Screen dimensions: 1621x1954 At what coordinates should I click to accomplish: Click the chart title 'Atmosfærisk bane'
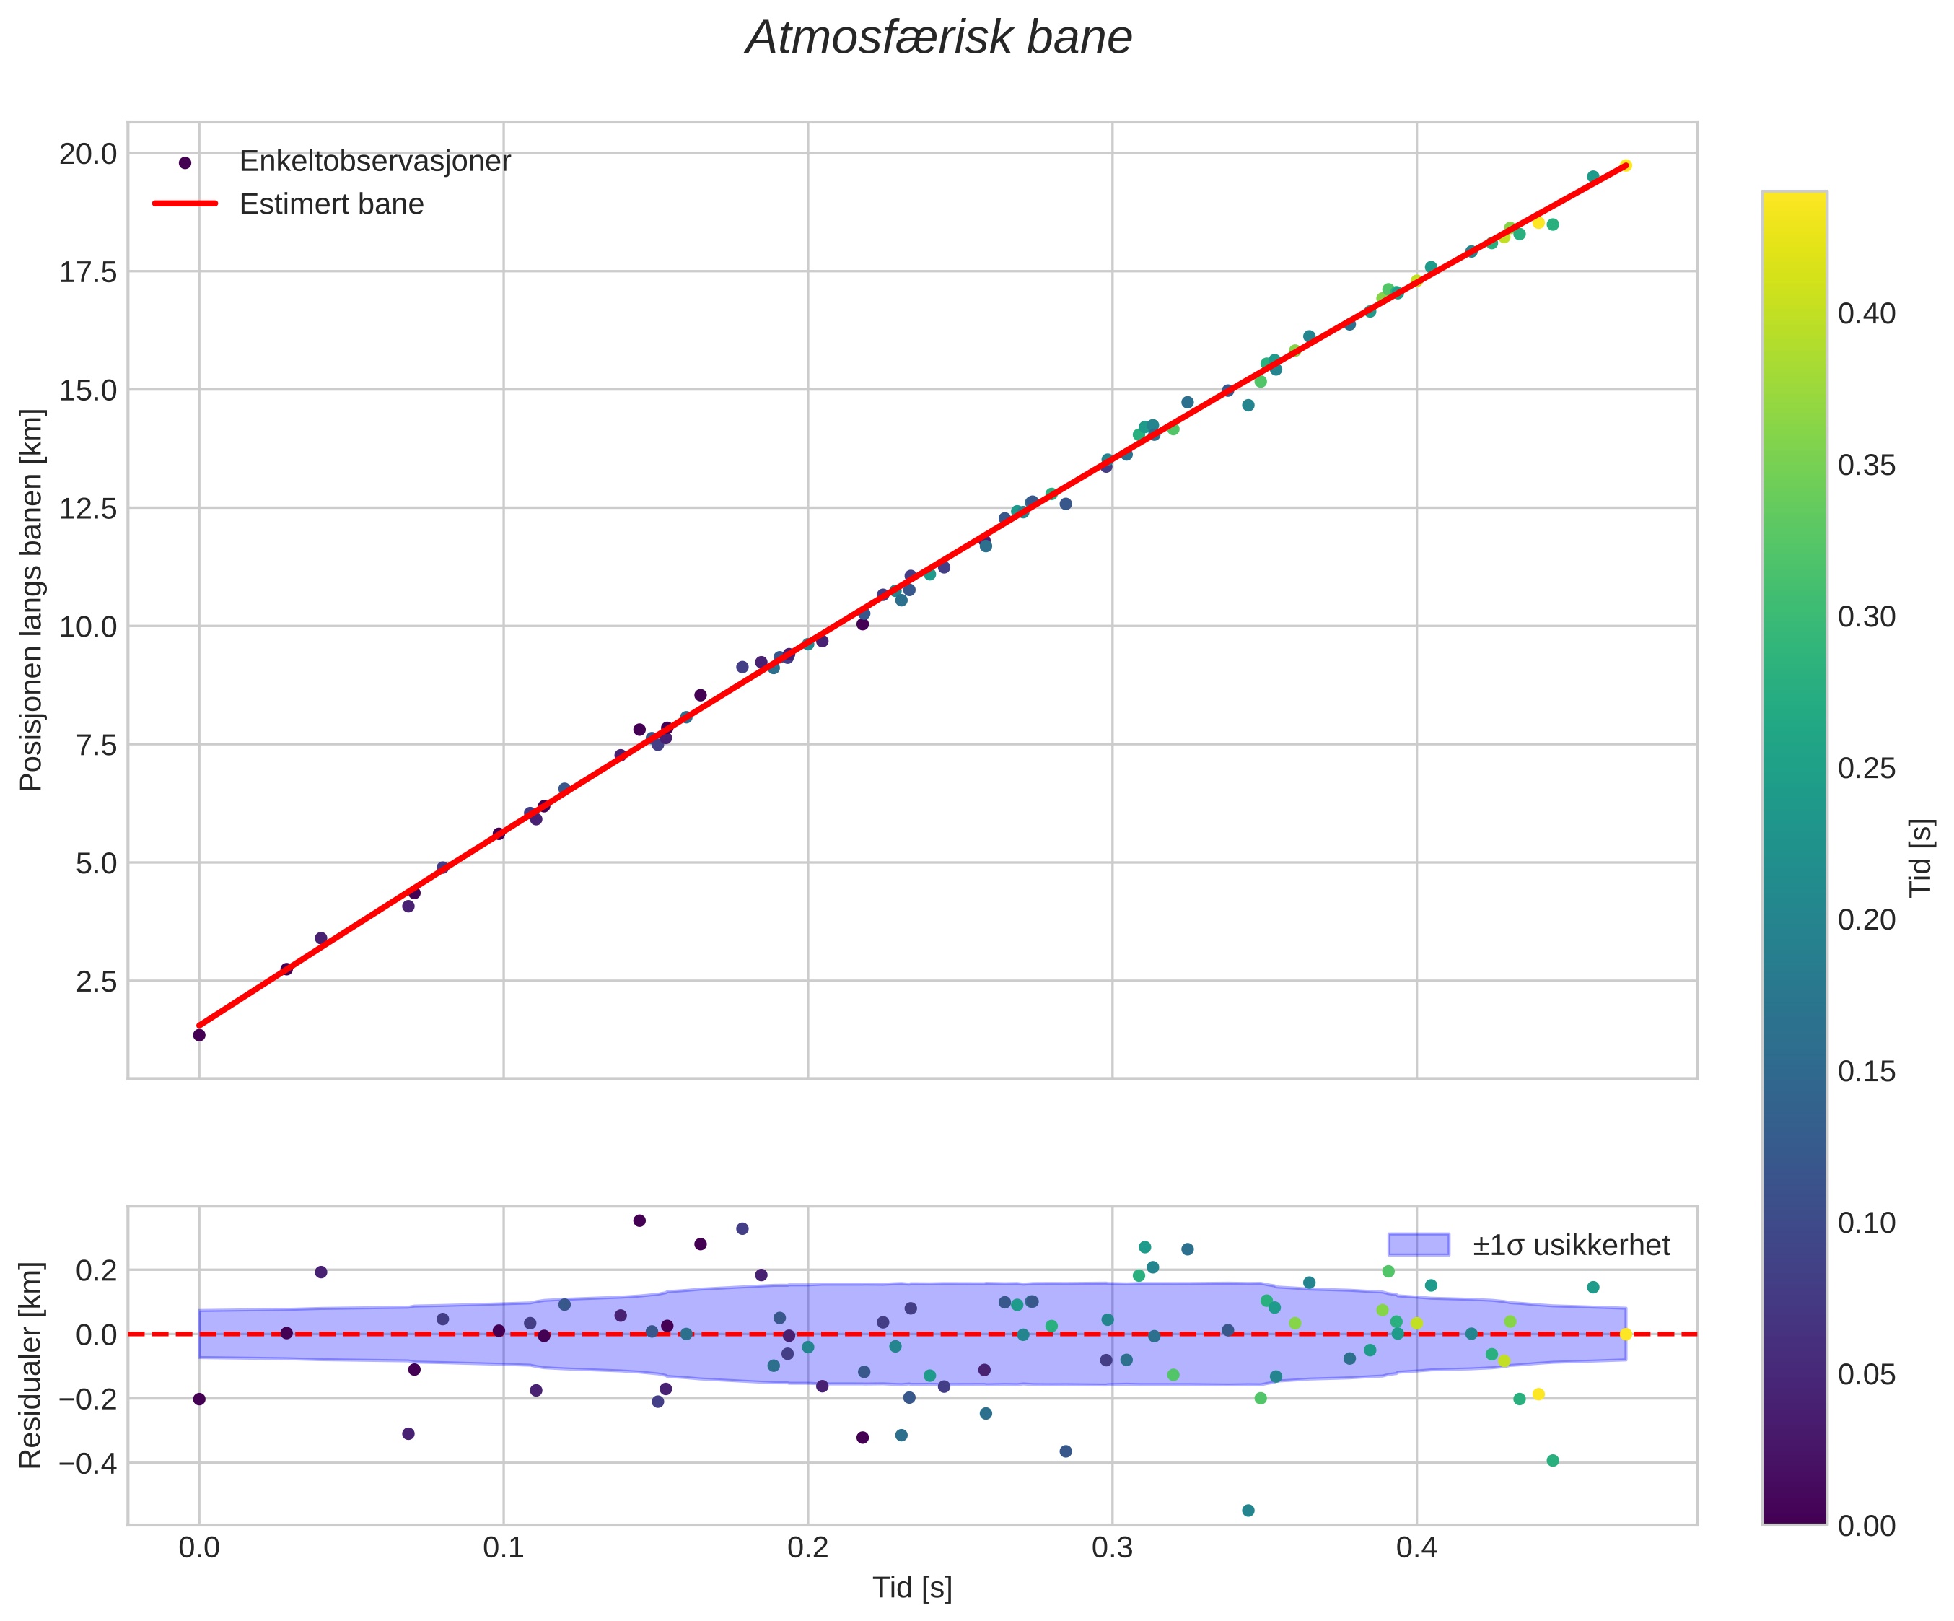click(939, 39)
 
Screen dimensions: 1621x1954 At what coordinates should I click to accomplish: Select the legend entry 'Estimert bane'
click(331, 204)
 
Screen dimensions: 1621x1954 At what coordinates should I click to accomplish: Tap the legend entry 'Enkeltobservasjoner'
click(374, 161)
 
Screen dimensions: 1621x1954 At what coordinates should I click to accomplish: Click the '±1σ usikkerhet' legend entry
click(1571, 1245)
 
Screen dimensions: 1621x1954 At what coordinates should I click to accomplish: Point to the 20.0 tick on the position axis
click(89, 154)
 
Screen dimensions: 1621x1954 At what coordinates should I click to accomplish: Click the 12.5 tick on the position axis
click(89, 508)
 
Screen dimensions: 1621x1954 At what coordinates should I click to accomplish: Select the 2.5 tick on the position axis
click(96, 982)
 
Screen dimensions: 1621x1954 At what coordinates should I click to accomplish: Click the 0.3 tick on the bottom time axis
click(1112, 1550)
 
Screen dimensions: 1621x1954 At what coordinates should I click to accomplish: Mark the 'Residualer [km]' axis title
click(32, 1365)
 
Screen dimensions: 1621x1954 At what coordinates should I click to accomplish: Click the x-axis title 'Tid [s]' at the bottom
click(912, 1589)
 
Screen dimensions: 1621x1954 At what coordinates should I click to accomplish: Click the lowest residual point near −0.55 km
click(1248, 1511)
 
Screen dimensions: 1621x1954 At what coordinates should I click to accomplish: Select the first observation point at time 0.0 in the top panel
click(199, 1035)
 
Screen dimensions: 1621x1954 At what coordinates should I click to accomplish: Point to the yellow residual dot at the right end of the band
click(1626, 1334)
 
